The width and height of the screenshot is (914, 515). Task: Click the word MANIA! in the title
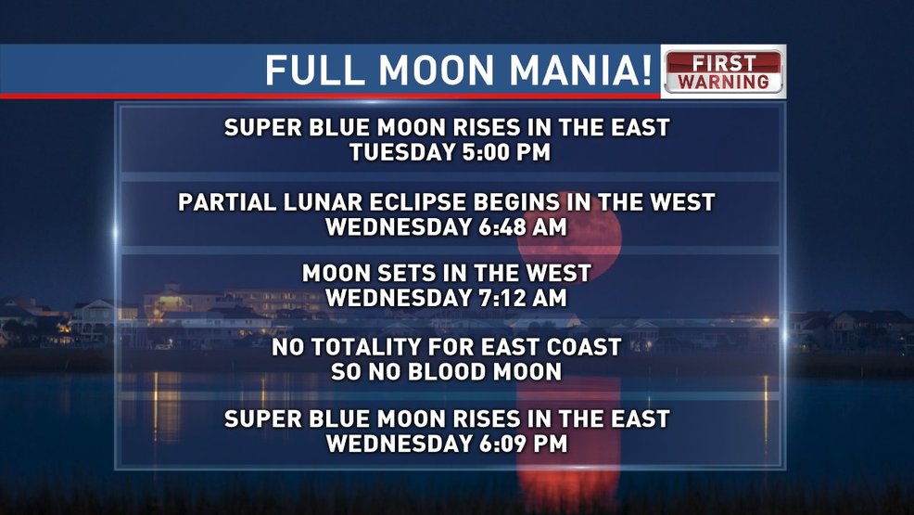click(580, 70)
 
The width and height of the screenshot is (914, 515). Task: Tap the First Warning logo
click(723, 71)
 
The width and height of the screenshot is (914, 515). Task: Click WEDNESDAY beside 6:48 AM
click(399, 227)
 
